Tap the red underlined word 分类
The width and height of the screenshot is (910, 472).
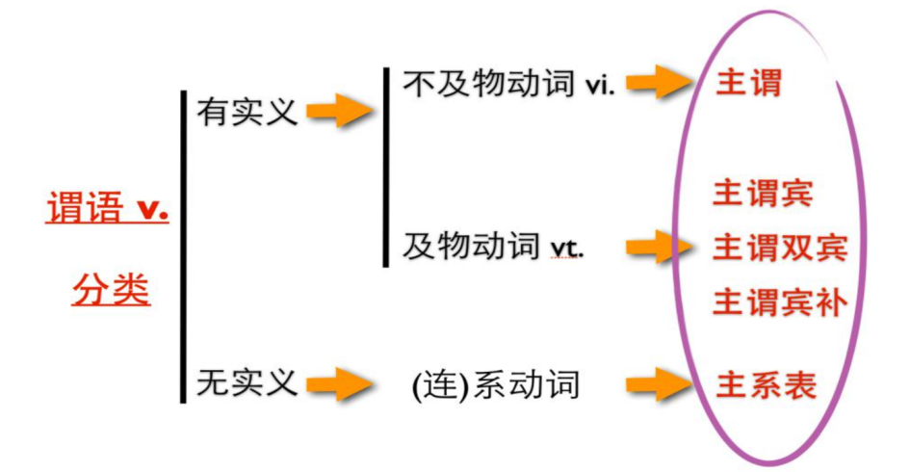111,288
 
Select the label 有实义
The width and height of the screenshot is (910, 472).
247,112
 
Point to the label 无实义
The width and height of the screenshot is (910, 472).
247,382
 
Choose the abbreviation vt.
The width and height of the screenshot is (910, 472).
567,249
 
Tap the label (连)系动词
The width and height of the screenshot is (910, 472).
496,385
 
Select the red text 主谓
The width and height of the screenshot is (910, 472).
748,83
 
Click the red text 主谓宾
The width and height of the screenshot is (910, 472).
763,194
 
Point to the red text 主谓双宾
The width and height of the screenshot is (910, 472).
779,248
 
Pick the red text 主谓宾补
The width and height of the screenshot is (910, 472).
779,302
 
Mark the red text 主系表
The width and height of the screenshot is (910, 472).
766,385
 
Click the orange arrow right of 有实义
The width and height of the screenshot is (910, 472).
340,112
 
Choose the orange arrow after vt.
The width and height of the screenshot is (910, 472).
660,248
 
